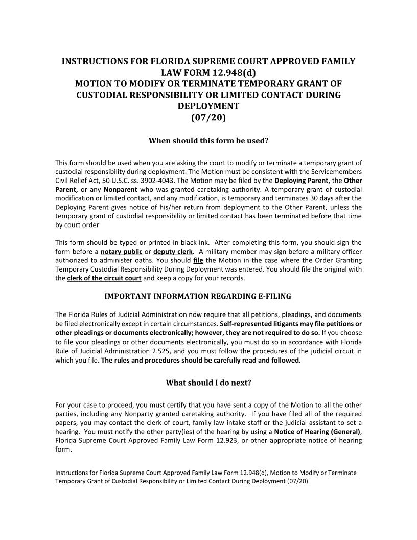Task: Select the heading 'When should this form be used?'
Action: click(208, 140)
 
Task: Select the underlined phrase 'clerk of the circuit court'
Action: click(104, 278)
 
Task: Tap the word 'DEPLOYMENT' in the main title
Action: click(208, 106)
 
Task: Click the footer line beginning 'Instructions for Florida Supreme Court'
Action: click(205, 473)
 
